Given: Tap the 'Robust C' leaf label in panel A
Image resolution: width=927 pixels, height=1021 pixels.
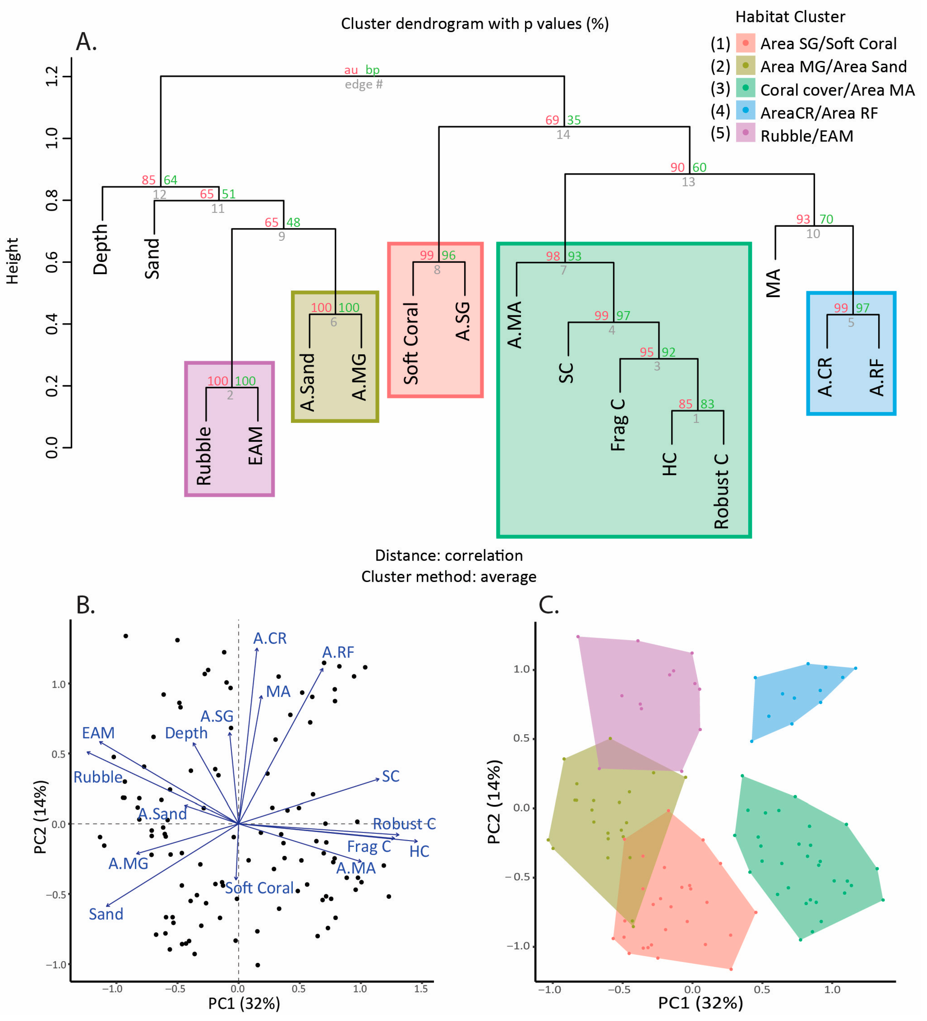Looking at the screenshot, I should click(721, 491).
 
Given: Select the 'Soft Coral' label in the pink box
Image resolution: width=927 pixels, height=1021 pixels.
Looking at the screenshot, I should click(411, 343).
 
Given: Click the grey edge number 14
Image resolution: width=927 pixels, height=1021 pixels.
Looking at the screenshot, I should click(563, 135).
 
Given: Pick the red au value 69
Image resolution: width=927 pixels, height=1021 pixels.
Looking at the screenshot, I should click(552, 120).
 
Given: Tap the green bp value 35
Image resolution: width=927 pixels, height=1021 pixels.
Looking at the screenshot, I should click(574, 120).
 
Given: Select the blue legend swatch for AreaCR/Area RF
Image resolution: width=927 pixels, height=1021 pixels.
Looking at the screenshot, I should click(745, 110).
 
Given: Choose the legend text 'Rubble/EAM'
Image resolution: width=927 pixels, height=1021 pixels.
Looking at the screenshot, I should click(807, 136).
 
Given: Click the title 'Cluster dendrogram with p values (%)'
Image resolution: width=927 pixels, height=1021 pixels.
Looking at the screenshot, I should click(475, 24).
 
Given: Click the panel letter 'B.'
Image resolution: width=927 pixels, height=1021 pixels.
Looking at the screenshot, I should click(85, 605).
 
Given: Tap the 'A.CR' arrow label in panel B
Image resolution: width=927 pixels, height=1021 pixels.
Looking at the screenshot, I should click(270, 638).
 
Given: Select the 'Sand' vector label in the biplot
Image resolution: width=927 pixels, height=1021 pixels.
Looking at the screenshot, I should click(106, 914).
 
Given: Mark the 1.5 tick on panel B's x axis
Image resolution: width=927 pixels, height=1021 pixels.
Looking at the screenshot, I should click(421, 988).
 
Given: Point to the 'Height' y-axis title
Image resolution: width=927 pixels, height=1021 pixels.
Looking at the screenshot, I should click(12, 261).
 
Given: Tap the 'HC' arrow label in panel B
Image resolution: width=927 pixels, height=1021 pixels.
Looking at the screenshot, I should click(419, 851).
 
